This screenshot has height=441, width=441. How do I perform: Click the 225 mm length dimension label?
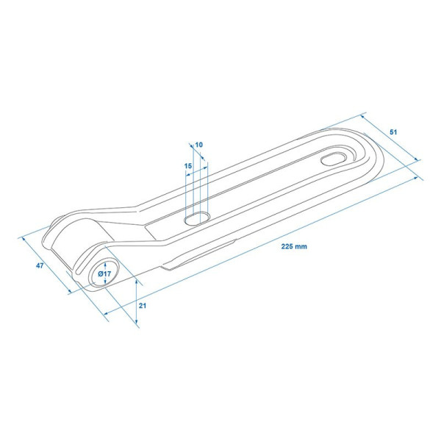pyautogui.click(x=294, y=247)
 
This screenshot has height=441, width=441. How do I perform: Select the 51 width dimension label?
pyautogui.click(x=393, y=132)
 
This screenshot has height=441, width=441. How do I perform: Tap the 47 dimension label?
pyautogui.click(x=40, y=265)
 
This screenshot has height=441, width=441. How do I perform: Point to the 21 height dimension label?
pyautogui.click(x=143, y=306)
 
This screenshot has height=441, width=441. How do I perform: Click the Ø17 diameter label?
pyautogui.click(x=104, y=273)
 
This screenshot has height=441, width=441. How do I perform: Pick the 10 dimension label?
pyautogui.click(x=199, y=145)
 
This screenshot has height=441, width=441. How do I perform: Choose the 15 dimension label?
pyautogui.click(x=188, y=166)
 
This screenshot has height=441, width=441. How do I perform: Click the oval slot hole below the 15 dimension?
pyautogui.click(x=198, y=218)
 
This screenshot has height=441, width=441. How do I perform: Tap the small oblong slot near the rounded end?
pyautogui.click(x=334, y=159)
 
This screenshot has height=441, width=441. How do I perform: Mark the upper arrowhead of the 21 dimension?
pyautogui.click(x=137, y=282)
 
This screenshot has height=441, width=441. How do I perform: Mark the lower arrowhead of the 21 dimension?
pyautogui.click(x=137, y=321)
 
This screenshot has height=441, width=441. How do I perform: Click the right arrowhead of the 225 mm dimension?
pyautogui.click(x=415, y=179)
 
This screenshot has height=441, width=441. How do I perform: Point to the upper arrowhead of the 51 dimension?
pyautogui.click(x=363, y=116)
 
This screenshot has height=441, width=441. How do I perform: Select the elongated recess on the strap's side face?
pyautogui.click(x=198, y=255)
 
